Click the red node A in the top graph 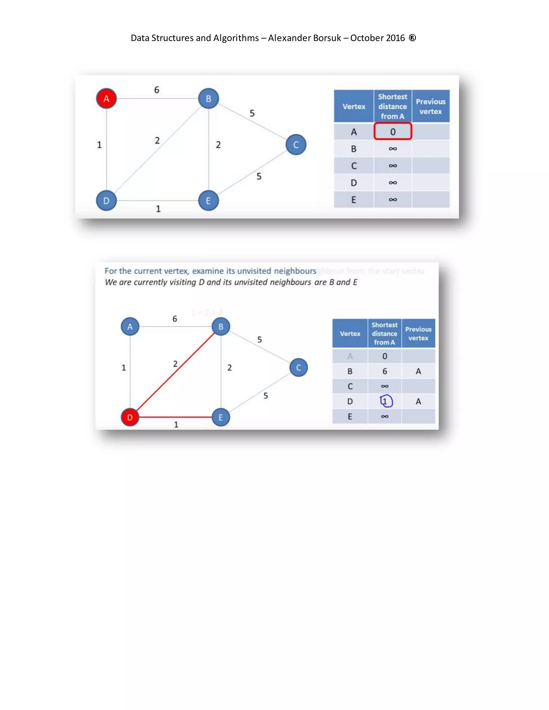(106, 99)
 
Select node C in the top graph (296, 145)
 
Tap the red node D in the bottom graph (130, 417)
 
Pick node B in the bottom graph (221, 326)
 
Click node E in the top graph (208, 201)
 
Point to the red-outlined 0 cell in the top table (392, 132)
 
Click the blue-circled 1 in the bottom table (385, 401)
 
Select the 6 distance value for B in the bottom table (385, 371)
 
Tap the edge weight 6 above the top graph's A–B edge (157, 90)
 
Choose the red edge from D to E (176, 417)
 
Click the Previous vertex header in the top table (430, 106)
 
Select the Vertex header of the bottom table (350, 334)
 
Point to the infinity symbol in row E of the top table (392, 200)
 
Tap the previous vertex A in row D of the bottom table (418, 402)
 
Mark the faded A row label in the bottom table (350, 356)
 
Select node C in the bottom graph (298, 367)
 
